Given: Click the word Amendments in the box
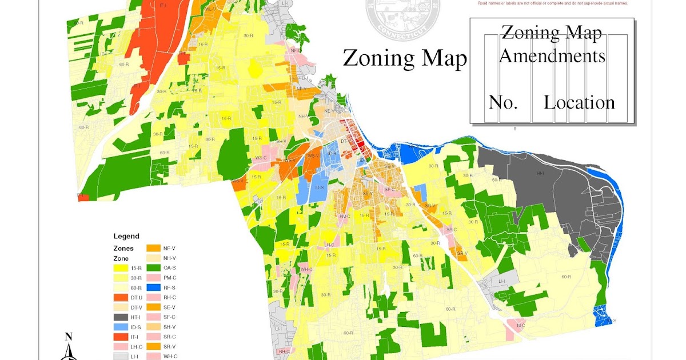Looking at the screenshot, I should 552,56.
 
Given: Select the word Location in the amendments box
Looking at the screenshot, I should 579,102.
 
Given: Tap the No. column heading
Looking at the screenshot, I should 503,102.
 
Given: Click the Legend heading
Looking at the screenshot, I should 126,236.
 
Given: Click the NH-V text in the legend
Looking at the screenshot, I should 170,258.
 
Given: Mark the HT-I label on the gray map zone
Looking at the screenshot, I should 540,173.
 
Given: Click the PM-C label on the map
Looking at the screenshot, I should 344,217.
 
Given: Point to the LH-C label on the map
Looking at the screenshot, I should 329,245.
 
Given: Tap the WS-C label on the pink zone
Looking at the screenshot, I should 261,158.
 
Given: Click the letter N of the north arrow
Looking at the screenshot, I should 68,337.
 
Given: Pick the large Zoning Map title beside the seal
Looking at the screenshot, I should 404,58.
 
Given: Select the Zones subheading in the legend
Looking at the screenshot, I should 123,249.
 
